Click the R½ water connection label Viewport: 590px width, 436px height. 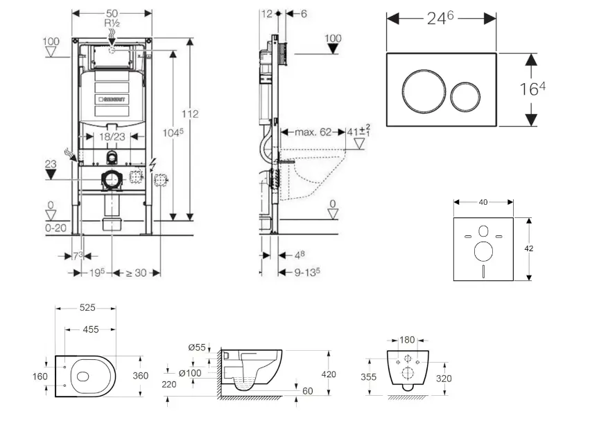(112, 23)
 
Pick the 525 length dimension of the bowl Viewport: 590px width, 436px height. (87, 308)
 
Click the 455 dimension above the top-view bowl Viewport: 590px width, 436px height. (90, 330)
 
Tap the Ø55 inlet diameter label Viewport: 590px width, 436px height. (197, 347)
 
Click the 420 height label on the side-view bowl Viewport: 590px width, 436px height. (328, 374)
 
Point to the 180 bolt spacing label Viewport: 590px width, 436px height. (408, 340)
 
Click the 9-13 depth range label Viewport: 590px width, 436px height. (306, 273)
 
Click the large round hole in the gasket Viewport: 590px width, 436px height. (483, 250)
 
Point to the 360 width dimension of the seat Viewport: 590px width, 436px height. (140, 376)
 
